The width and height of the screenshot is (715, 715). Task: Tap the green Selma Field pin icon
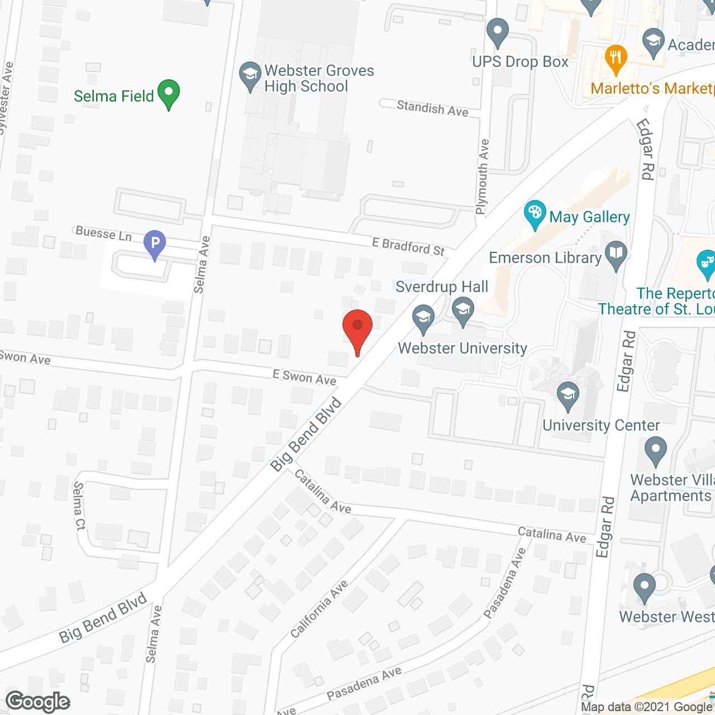168,94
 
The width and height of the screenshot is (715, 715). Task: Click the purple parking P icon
155,244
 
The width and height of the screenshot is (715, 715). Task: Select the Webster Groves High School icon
250,76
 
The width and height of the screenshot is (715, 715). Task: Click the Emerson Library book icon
616,255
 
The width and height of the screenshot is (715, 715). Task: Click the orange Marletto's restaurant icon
616,58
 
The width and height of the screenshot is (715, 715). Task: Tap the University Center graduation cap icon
568,395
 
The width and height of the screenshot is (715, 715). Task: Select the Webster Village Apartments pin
656,450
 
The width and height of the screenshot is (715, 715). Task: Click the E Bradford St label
408,246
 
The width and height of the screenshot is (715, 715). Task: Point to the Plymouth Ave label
482,177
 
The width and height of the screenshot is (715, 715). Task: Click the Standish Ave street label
432,108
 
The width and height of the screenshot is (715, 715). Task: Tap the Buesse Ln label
104,233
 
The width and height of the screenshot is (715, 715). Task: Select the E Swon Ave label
304,378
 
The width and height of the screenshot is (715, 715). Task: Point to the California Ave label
320,609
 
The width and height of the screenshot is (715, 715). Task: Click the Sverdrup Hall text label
442,287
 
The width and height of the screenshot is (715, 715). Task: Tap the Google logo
38,702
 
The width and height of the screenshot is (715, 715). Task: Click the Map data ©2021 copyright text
647,707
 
